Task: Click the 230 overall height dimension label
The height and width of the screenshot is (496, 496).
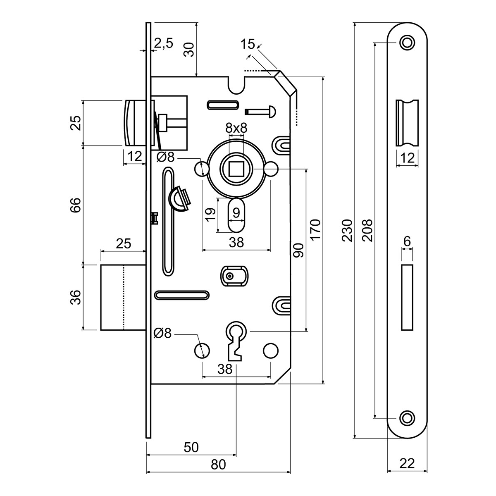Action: coord(348,230)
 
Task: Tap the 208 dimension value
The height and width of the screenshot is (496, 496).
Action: coord(367,230)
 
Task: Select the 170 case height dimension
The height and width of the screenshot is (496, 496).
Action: coord(315,230)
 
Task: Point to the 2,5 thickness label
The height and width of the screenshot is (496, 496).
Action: coord(164,43)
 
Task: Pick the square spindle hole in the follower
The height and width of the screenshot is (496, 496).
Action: coord(236,169)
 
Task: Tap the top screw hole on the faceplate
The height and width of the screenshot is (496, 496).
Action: coord(407,42)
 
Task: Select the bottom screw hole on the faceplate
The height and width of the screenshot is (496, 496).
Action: coord(407,418)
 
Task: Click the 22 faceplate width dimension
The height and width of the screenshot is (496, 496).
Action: coord(407,463)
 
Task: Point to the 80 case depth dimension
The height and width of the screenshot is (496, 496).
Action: coord(219,465)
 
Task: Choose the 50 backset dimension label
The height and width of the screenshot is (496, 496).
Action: coord(191,447)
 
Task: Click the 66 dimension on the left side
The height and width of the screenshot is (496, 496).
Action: coord(75,205)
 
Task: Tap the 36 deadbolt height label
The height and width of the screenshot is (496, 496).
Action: coord(75,298)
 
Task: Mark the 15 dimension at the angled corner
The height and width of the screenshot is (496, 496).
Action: coord(248,44)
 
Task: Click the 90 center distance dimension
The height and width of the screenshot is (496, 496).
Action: coord(298,250)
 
